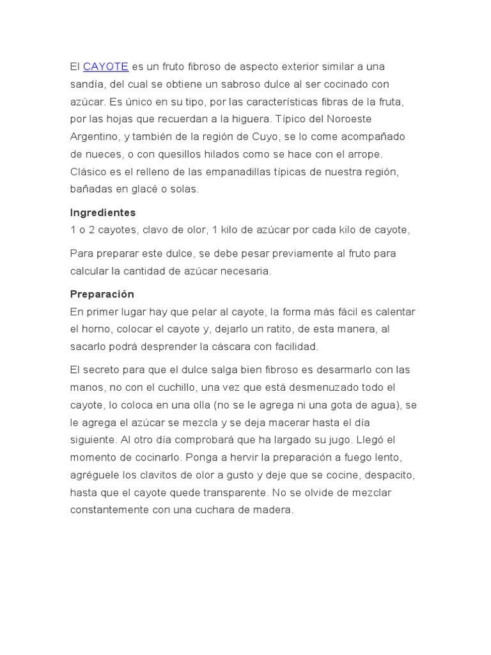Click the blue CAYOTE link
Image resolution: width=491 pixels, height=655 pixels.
pos(105,67)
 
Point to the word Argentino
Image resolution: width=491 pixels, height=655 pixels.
pos(94,137)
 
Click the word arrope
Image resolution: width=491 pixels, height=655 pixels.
pos(364,154)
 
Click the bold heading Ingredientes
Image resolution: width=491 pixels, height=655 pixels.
pos(103,212)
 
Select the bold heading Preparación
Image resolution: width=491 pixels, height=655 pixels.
pos(102,294)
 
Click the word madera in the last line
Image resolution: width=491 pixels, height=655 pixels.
pos(273,510)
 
